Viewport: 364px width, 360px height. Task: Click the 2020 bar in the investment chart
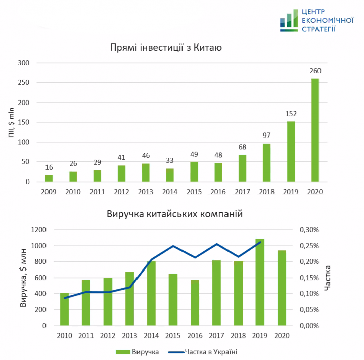[x=315, y=130]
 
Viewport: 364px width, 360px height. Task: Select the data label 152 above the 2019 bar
[x=291, y=114]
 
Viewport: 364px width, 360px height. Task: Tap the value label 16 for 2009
[x=49, y=167]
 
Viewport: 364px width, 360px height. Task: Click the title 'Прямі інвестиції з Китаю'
[x=166, y=48]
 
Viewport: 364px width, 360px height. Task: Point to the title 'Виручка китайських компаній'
[x=175, y=214]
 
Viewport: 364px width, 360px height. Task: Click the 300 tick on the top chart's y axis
[x=24, y=63]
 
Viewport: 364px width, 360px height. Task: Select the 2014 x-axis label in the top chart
[x=170, y=192]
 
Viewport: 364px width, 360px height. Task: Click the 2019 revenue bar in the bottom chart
[x=260, y=282]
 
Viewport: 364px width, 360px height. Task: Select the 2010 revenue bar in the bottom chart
[x=64, y=309]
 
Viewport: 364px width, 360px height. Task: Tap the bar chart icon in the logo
[x=289, y=21]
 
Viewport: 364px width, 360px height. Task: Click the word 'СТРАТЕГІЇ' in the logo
[x=318, y=29]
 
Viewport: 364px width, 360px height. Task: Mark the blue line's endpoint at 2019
[x=260, y=242]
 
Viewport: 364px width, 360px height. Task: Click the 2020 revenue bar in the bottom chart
[x=282, y=288]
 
